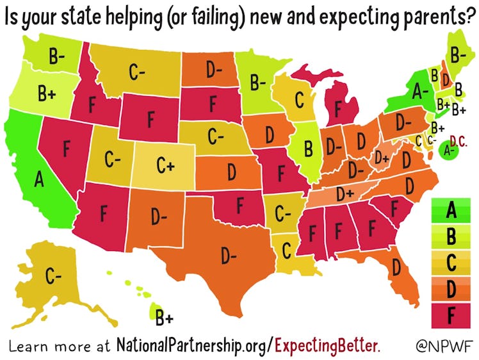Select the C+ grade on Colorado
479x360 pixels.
(165, 166)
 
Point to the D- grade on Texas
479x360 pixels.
(228, 256)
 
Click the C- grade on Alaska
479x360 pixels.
(53, 276)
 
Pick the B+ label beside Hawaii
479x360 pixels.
(165, 316)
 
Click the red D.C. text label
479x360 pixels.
(459, 138)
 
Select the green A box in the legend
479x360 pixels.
(451, 209)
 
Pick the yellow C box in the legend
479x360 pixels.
(451, 263)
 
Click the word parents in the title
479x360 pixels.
(431, 13)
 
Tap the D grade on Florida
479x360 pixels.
(396, 265)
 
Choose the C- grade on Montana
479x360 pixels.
(136, 73)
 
